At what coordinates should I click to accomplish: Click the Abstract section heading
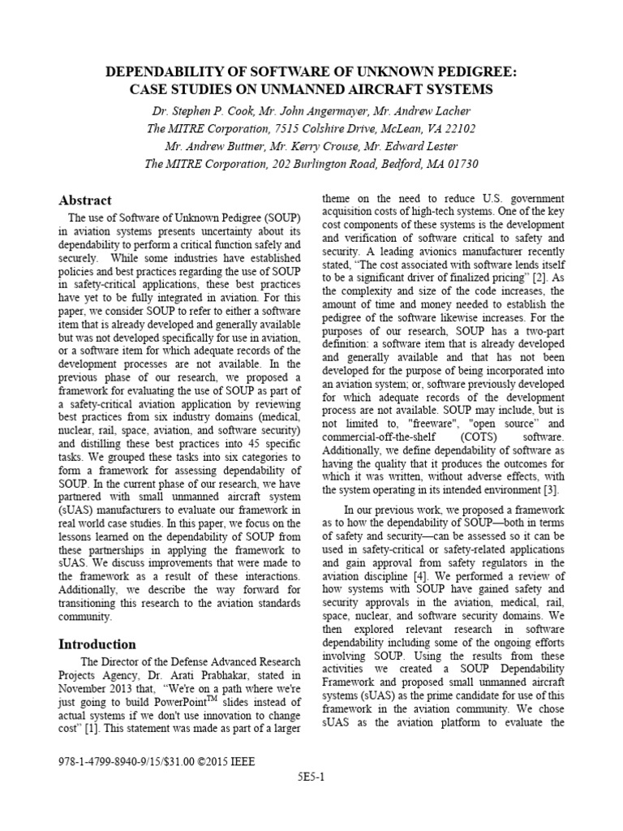tap(85, 200)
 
